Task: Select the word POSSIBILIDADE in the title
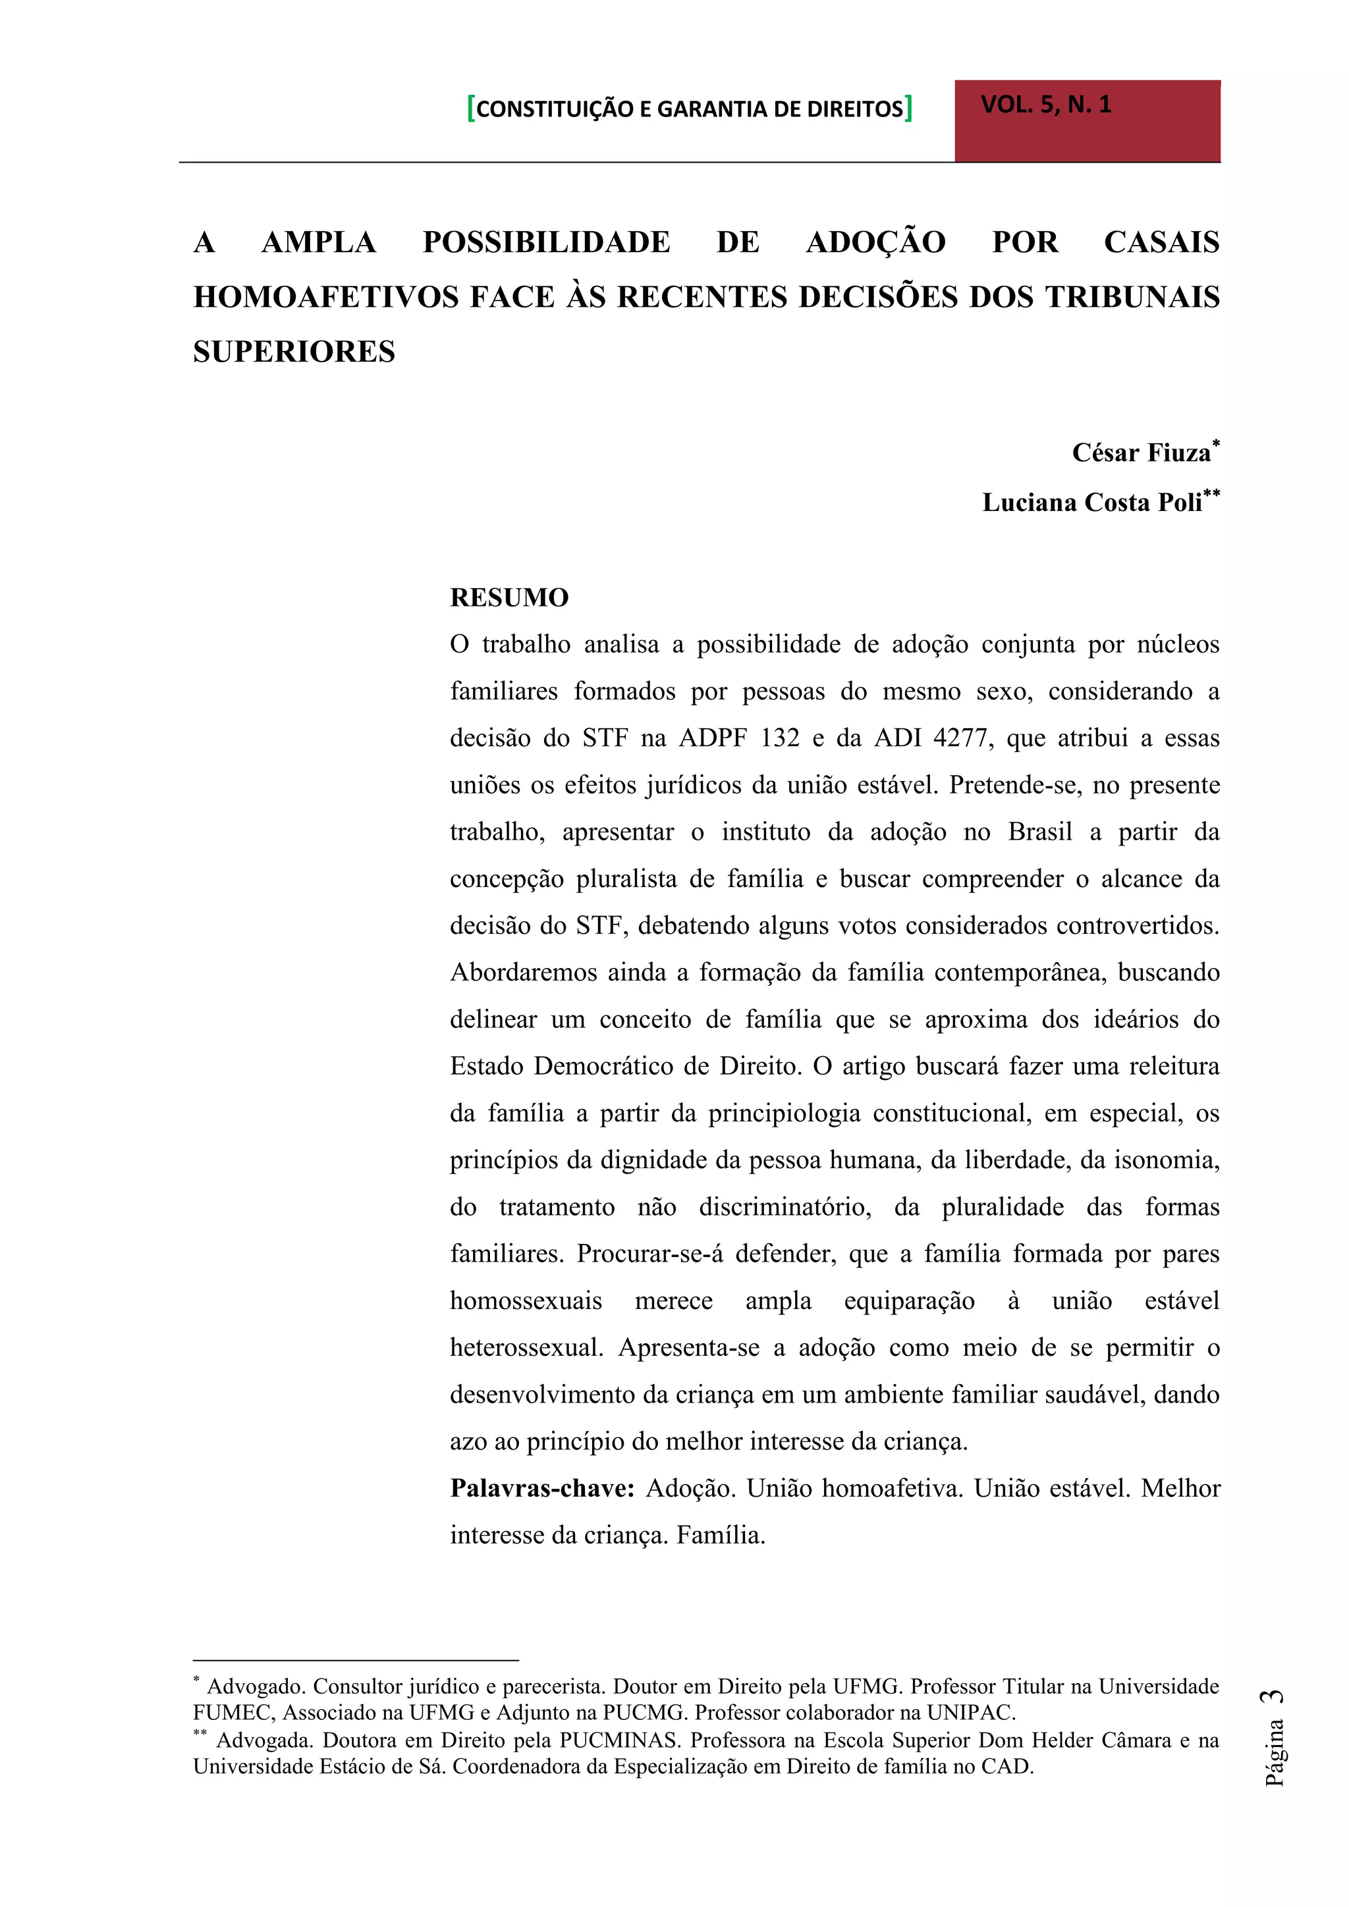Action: [546, 242]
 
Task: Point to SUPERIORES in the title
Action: [294, 352]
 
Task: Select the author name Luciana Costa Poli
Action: [1091, 502]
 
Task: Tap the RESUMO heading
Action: [509, 598]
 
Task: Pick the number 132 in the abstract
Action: [779, 738]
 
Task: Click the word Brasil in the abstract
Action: [1040, 832]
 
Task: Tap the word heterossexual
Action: [526, 1347]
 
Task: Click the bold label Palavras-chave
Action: [542, 1488]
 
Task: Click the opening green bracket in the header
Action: [471, 109]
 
